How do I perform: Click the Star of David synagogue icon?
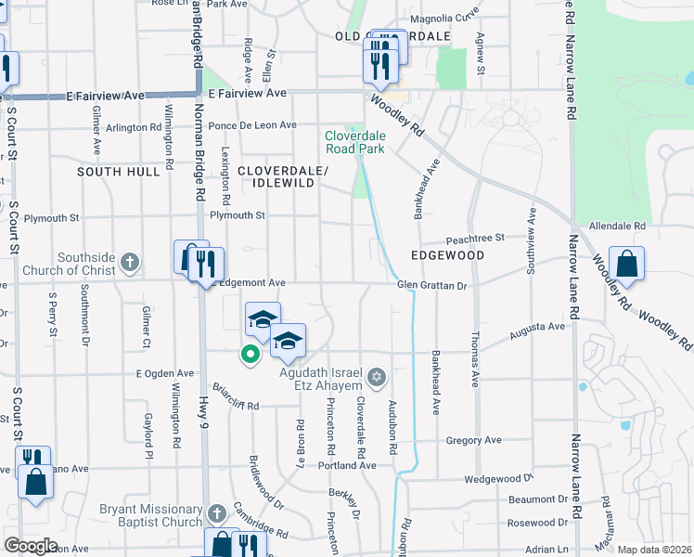[x=376, y=377]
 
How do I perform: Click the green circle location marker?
[x=249, y=353]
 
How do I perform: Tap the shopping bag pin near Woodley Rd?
[x=626, y=263]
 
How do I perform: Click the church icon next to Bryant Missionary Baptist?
[x=216, y=512]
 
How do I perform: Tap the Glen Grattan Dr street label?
[x=431, y=286]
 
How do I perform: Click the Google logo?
[x=30, y=546]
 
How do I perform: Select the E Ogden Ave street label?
[x=164, y=373]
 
